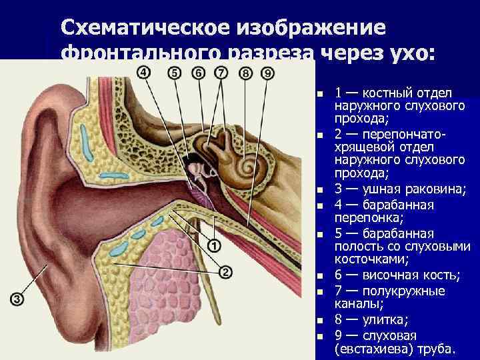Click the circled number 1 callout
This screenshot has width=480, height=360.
215,246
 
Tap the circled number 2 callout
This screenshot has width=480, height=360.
224,272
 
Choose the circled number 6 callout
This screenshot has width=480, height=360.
198,72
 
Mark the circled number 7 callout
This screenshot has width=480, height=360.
221,72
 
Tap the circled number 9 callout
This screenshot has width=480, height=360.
267,73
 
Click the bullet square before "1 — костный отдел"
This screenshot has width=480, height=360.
321,93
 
